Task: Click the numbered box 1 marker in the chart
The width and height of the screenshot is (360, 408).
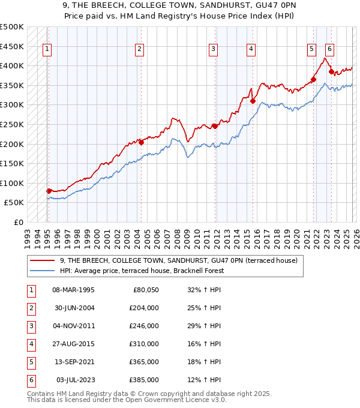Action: tap(47, 50)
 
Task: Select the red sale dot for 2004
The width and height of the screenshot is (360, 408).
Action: tap(141, 142)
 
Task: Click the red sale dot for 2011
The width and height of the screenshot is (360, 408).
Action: tap(214, 126)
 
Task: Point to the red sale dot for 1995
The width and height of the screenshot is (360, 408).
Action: tap(49, 191)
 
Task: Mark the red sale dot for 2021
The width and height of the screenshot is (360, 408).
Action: tap(313, 79)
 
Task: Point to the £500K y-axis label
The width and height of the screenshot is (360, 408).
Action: tap(12, 27)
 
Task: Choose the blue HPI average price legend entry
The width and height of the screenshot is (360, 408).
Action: tap(142, 271)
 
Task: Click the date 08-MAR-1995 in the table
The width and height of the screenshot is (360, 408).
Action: tap(73, 290)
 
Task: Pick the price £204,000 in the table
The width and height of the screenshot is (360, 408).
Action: tap(144, 308)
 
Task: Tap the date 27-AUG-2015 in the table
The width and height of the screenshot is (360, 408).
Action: tap(73, 344)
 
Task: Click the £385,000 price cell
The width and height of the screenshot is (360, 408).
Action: tap(144, 380)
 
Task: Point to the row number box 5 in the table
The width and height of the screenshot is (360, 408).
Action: tap(29, 362)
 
